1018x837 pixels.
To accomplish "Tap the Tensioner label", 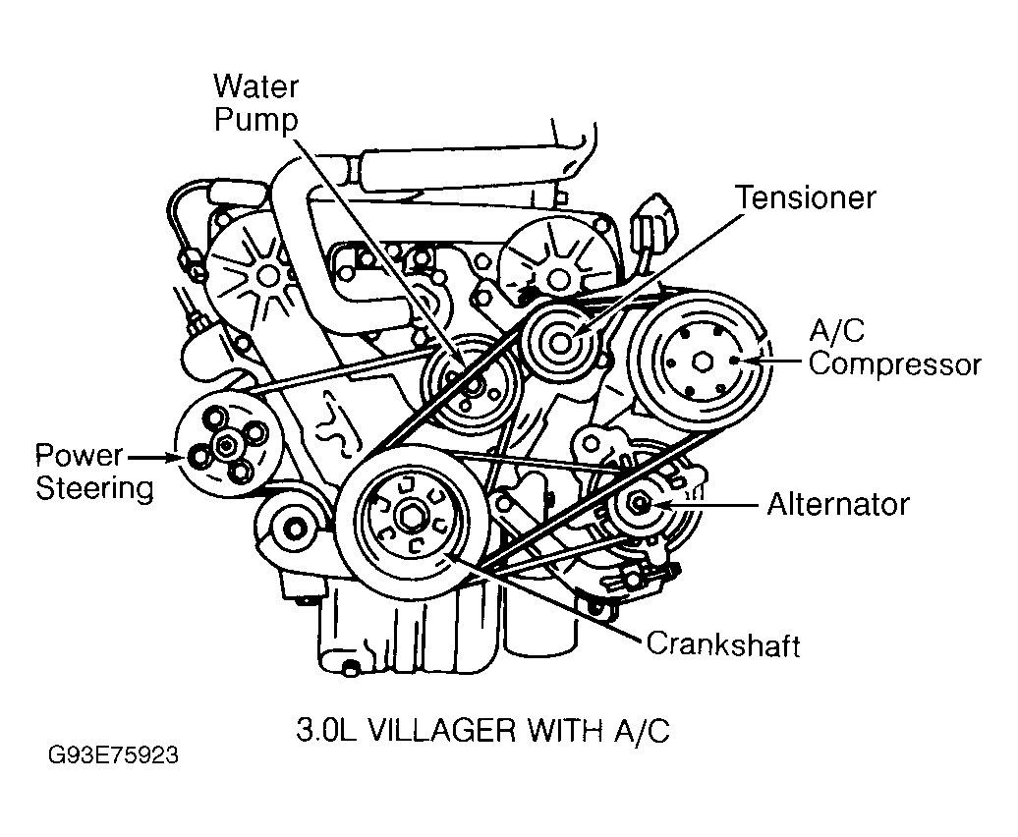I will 806,197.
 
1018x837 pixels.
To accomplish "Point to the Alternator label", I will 837,505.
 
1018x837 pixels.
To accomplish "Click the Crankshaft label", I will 722,644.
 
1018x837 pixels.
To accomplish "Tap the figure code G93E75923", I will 111,758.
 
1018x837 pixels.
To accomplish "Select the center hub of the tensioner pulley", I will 561,344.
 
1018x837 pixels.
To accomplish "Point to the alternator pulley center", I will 640,504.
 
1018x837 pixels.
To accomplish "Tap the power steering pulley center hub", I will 227,446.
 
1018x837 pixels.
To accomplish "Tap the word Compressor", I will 894,364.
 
